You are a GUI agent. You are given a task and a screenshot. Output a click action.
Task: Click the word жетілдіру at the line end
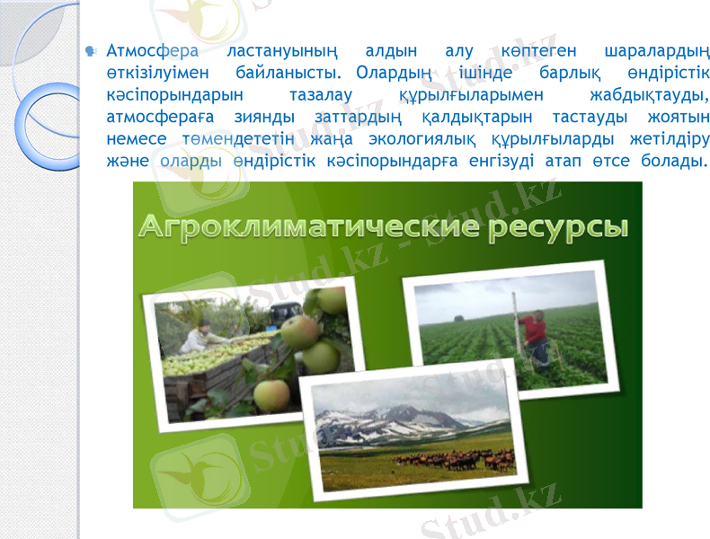coord(664,138)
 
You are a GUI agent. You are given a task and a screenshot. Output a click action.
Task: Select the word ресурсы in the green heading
coord(559,228)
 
